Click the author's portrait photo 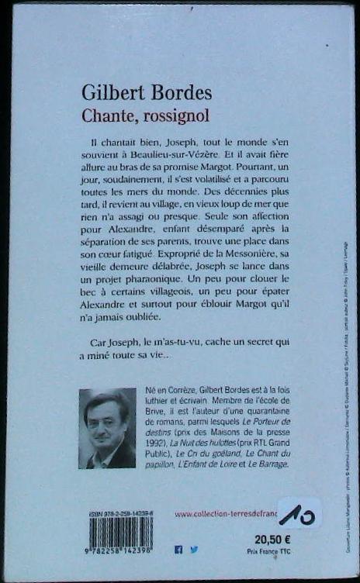(107, 428)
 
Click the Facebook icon (179, 549)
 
